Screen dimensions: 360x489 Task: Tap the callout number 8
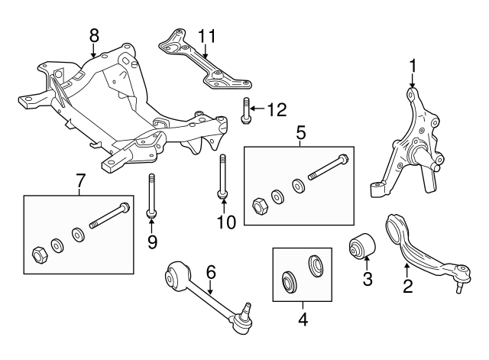[94, 35]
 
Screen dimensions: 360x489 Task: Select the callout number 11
[206, 35]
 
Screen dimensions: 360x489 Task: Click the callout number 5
[300, 134]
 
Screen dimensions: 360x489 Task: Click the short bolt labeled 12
[246, 110]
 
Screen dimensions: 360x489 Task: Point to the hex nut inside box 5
[257, 205]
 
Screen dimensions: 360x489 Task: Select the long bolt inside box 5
[329, 168]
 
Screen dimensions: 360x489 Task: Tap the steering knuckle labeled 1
[413, 145]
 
